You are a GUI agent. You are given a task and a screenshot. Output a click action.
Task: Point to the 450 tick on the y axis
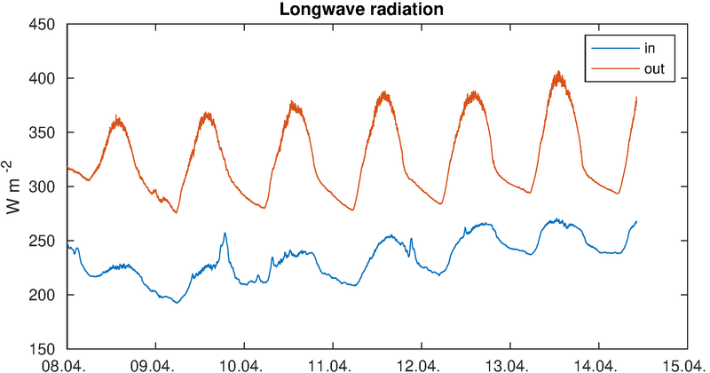pyautogui.click(x=44, y=24)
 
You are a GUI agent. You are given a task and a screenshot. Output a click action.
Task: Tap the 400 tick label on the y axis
pyautogui.click(x=44, y=78)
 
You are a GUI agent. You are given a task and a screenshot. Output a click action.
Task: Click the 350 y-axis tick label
pyautogui.click(x=44, y=132)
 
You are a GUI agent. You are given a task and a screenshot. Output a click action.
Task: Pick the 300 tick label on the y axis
pyautogui.click(x=44, y=186)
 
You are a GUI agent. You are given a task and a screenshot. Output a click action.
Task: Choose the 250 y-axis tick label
pyautogui.click(x=44, y=241)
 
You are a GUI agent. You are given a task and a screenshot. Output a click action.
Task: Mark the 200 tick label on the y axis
pyautogui.click(x=44, y=295)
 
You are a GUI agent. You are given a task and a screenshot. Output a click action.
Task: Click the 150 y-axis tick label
pyautogui.click(x=44, y=349)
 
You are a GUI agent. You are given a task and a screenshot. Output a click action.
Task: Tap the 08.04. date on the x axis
pyautogui.click(x=67, y=364)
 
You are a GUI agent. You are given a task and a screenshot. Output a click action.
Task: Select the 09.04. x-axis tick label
pyautogui.click(x=155, y=364)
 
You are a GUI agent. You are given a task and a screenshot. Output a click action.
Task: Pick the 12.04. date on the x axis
pyautogui.click(x=421, y=364)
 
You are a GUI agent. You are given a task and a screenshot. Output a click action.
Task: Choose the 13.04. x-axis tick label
pyautogui.click(x=509, y=364)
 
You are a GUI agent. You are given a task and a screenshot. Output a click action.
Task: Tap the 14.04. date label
pyautogui.click(x=598, y=364)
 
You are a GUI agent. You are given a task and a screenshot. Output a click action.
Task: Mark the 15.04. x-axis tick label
pyautogui.click(x=686, y=364)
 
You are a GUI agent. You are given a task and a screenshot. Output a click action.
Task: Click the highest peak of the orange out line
pyautogui.click(x=558, y=73)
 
